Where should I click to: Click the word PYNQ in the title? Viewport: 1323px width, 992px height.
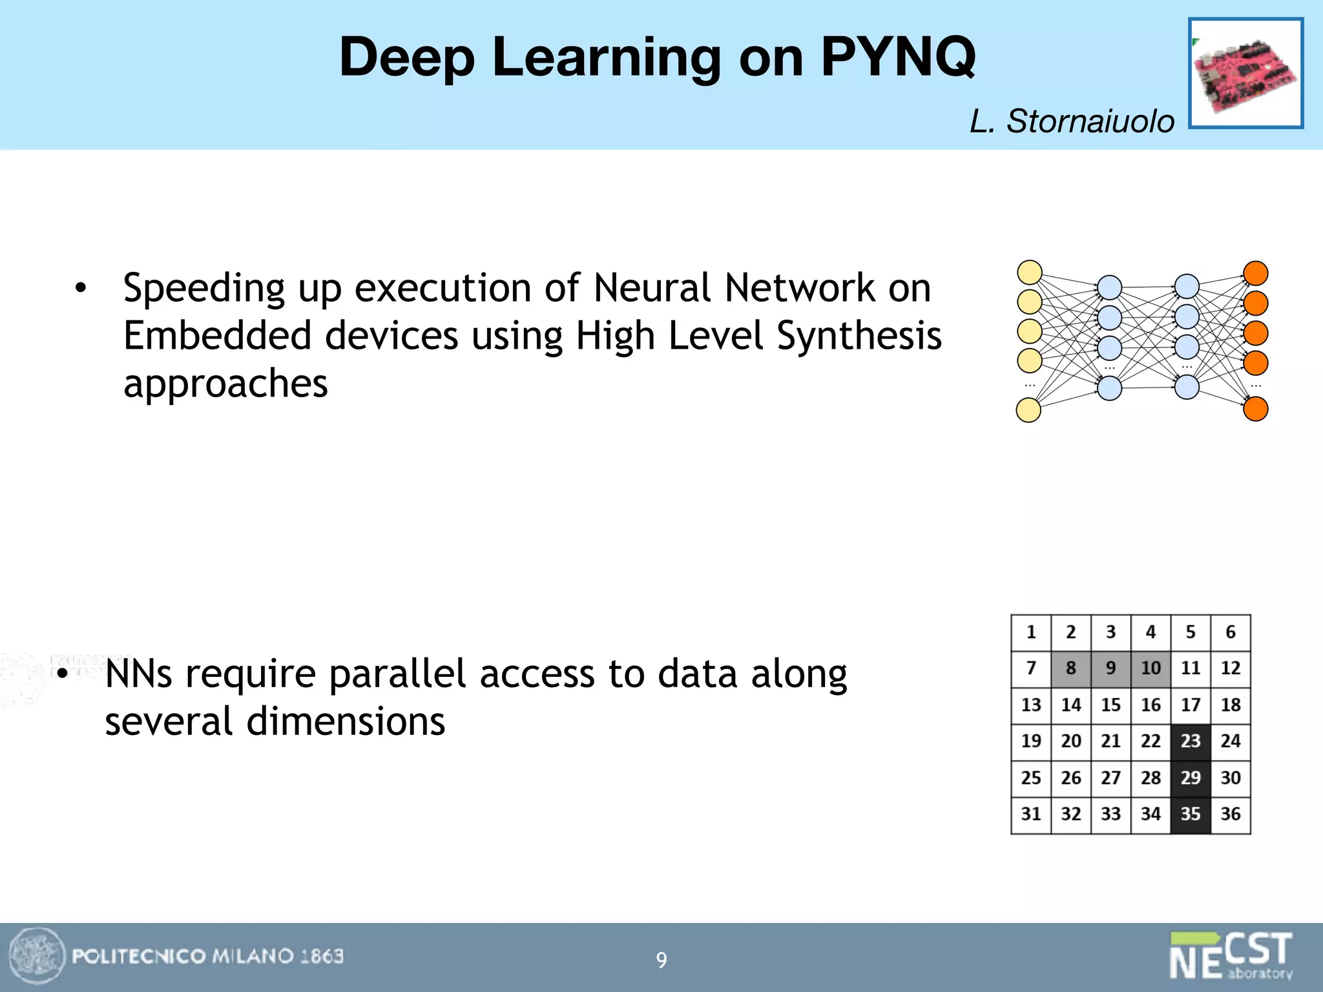pyautogui.click(x=898, y=57)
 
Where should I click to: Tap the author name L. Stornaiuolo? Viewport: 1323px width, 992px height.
pyautogui.click(x=1072, y=121)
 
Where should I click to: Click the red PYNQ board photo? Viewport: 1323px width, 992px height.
pyautogui.click(x=1245, y=74)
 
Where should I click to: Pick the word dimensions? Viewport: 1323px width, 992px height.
pyautogui.click(x=346, y=722)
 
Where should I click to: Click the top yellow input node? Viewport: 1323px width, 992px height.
pyautogui.click(x=1030, y=273)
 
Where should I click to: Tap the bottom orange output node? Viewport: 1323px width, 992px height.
pyautogui.click(x=1256, y=409)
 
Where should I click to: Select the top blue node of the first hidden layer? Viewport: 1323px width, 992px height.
pyautogui.click(x=1109, y=288)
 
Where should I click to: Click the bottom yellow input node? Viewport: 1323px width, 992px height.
pyautogui.click(x=1028, y=410)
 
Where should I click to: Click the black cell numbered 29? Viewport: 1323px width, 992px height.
pyautogui.click(x=1190, y=778)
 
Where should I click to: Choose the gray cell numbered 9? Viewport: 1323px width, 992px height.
pyautogui.click(x=1110, y=668)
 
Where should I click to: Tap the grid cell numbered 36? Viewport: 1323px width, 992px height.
pyautogui.click(x=1230, y=814)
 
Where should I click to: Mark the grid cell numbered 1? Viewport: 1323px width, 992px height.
pyautogui.click(x=1031, y=632)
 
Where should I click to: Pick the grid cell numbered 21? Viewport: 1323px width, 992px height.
pyautogui.click(x=1110, y=741)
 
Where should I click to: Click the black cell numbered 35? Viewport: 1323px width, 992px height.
pyautogui.click(x=1190, y=814)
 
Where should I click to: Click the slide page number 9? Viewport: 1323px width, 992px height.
pyautogui.click(x=661, y=960)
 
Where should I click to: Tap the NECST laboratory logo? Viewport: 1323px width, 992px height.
pyautogui.click(x=1231, y=956)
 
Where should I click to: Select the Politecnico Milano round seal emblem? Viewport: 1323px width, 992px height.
pyautogui.click(x=37, y=956)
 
